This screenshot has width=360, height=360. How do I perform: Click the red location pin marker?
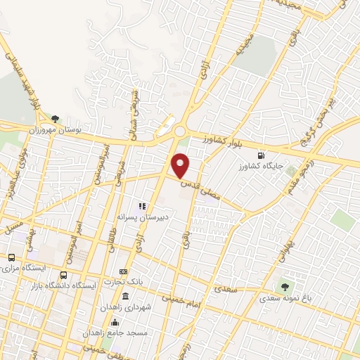[181, 165]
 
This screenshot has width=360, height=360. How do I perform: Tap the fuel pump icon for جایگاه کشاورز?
[262, 155]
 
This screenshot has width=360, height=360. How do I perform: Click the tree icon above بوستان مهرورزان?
[55, 120]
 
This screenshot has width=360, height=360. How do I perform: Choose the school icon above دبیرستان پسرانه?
[141, 207]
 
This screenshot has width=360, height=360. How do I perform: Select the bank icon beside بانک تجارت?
[124, 271]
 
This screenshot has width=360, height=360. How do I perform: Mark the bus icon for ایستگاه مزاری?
[11, 257]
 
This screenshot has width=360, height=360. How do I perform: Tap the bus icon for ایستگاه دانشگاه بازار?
[64, 275]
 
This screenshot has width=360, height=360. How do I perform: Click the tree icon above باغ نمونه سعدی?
[284, 286]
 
